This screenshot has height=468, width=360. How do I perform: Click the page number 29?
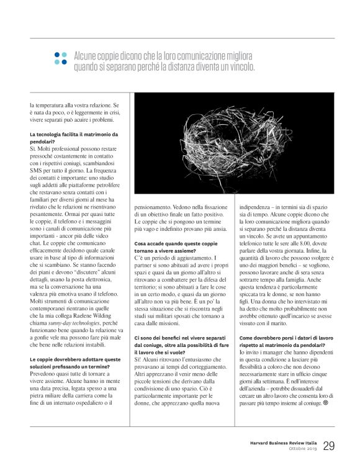pyautogui.click(x=329, y=445)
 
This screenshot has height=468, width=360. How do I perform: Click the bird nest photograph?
pyautogui.click(x=234, y=143)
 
